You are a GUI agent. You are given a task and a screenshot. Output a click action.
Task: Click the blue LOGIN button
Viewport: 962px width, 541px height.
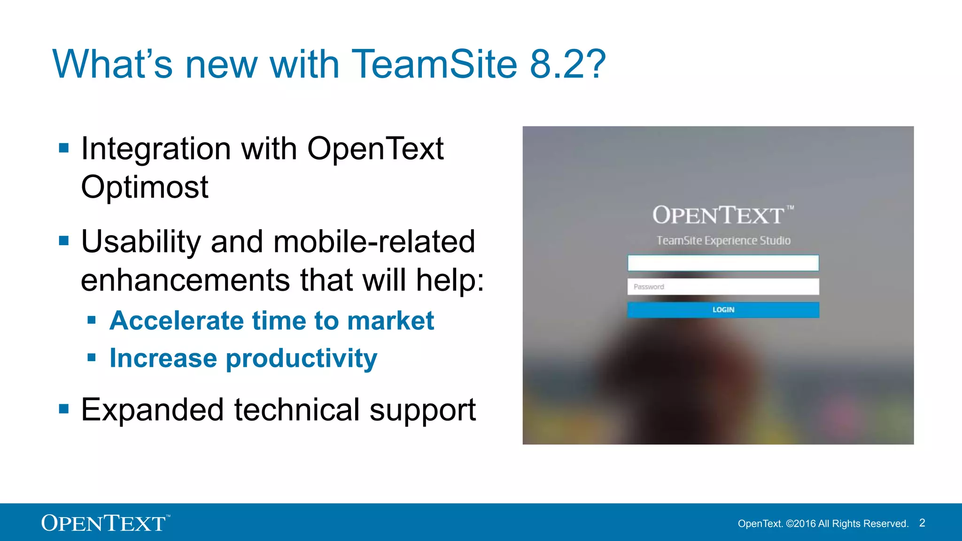pos(723,310)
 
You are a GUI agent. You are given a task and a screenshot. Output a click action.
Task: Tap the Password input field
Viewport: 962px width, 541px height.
pos(723,286)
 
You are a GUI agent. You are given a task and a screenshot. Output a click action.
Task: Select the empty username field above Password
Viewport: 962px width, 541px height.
pos(723,263)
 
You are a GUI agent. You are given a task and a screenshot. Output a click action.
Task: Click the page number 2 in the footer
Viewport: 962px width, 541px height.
pos(922,523)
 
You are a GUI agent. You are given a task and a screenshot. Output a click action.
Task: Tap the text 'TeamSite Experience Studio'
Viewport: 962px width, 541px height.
pos(723,240)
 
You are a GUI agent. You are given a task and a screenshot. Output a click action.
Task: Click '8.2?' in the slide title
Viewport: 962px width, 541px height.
pos(567,64)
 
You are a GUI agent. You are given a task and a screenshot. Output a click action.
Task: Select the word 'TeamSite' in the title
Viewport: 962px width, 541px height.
pos(434,64)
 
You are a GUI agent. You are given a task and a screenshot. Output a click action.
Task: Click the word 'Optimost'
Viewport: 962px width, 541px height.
pos(145,187)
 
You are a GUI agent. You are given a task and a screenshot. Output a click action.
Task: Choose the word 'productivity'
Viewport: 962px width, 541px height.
pos(302,359)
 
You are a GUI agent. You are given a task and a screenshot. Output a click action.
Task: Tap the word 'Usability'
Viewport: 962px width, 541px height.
pos(141,241)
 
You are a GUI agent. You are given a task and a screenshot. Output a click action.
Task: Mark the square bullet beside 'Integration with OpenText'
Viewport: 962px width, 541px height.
pos(64,148)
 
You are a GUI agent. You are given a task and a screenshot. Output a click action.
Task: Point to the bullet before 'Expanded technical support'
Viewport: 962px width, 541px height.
pos(64,409)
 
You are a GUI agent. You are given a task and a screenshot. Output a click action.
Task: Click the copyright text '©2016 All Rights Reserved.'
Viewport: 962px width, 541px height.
pos(847,524)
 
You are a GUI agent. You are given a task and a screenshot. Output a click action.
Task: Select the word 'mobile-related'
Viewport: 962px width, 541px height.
pos(374,241)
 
